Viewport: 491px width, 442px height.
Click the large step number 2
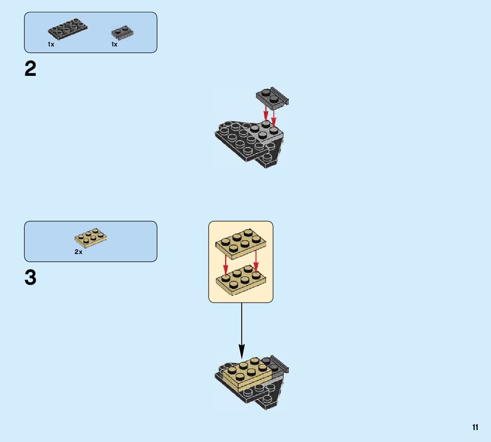coord(31,69)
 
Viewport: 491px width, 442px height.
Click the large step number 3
coord(31,278)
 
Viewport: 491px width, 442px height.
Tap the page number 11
coord(475,428)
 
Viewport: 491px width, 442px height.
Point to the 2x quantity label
coord(78,252)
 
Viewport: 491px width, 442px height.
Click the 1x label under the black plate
coord(51,44)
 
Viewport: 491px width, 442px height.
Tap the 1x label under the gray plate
coord(114,44)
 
